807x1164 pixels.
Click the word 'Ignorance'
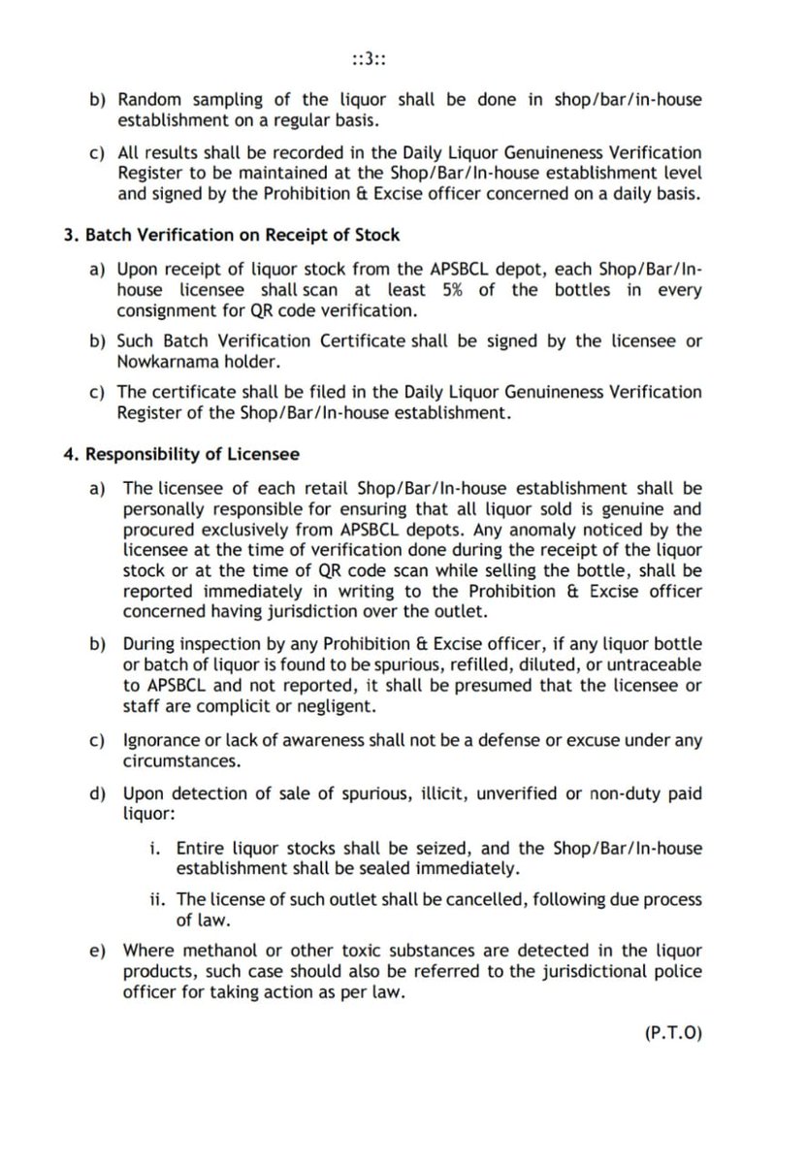click(160, 741)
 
